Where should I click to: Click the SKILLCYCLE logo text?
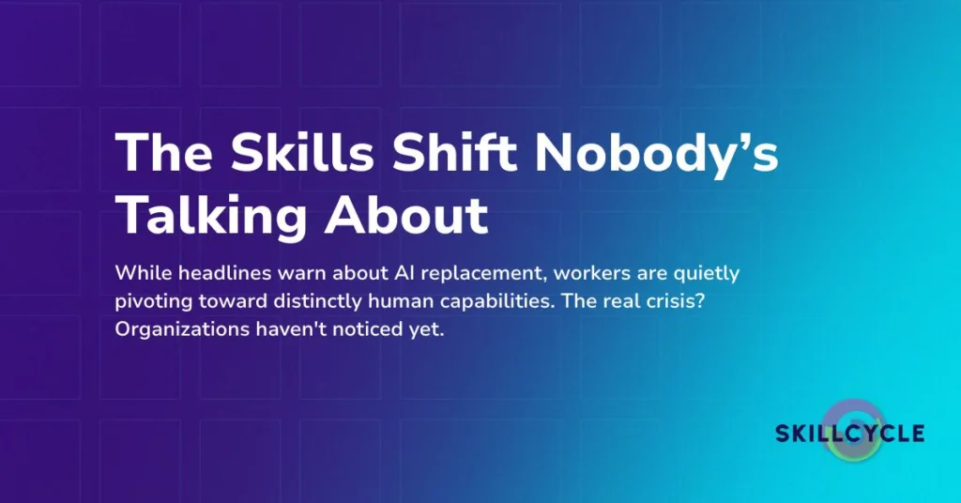(x=849, y=433)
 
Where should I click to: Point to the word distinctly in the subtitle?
(x=336, y=302)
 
